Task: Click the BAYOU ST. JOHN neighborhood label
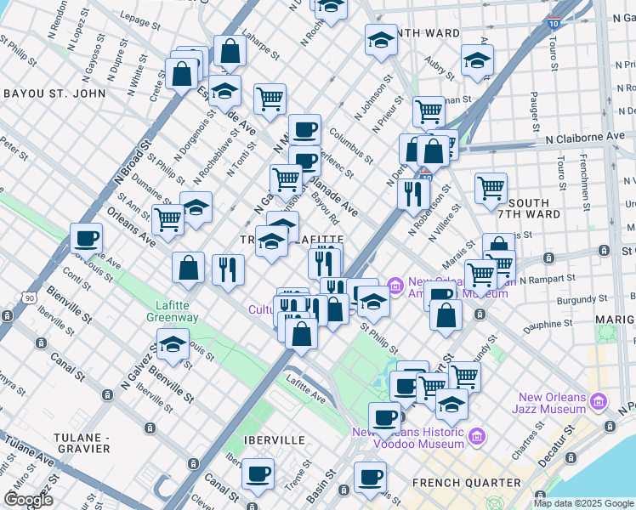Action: [x=54, y=93]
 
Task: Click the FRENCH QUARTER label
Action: [x=466, y=483]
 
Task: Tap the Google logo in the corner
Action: [x=28, y=499]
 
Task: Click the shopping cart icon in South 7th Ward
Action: [x=491, y=188]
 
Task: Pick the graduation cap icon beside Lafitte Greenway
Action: [x=173, y=344]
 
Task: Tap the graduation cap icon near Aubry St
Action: [x=477, y=59]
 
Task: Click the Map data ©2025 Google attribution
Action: [x=583, y=503]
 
